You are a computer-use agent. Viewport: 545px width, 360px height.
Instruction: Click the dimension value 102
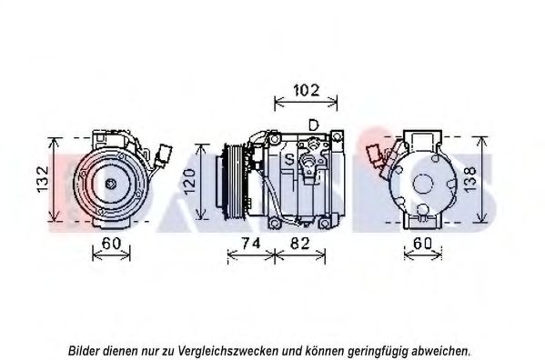(x=307, y=90)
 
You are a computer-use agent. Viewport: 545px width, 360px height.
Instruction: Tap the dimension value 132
(x=43, y=179)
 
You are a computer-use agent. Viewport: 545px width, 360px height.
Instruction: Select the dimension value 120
(x=190, y=182)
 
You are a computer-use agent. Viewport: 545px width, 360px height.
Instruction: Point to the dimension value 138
(x=469, y=179)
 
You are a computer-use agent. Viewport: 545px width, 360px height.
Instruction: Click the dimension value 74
(x=250, y=244)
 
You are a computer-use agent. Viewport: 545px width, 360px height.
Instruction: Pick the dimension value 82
(x=299, y=244)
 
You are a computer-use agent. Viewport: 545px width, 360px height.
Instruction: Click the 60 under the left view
(x=111, y=244)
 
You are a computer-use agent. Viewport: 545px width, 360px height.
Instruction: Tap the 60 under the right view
(x=422, y=244)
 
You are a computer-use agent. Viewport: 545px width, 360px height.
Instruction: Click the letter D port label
(x=314, y=125)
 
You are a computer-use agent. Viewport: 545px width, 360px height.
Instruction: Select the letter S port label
(x=289, y=159)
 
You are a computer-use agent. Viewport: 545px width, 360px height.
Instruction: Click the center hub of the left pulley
(x=111, y=184)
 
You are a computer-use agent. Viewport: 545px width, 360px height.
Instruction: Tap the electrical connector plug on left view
(x=163, y=155)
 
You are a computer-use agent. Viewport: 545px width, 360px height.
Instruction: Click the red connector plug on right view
(x=376, y=155)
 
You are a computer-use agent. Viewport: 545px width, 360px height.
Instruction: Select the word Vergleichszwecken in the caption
(x=227, y=351)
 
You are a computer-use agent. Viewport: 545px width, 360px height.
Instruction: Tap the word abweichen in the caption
(x=439, y=350)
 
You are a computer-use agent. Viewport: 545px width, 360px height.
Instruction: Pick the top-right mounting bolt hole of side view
(x=336, y=137)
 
